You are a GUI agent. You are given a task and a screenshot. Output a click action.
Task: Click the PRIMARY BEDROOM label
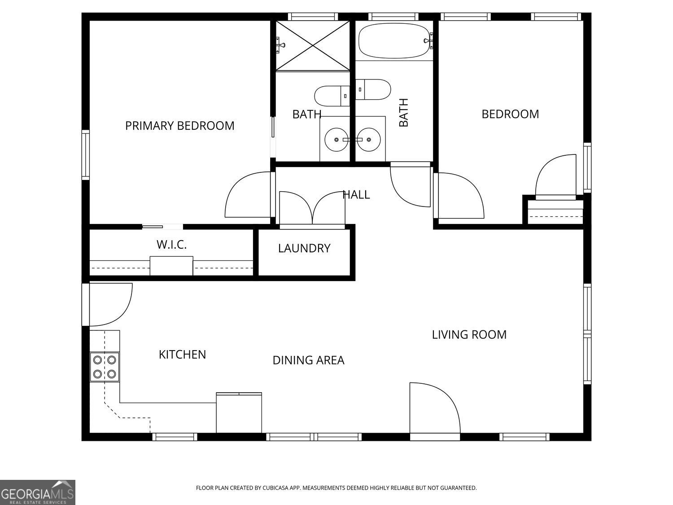[179, 126]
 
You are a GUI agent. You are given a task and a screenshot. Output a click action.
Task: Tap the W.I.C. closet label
[171, 245]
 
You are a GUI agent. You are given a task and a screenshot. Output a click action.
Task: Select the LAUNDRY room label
[304, 248]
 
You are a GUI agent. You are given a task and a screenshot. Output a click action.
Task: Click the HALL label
[356, 195]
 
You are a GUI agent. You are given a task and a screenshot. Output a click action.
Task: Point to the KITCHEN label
[182, 355]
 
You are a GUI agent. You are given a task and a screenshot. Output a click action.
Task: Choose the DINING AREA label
[309, 360]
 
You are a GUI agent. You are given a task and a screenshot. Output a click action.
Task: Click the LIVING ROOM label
[469, 335]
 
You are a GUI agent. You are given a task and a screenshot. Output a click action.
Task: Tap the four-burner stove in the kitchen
[105, 367]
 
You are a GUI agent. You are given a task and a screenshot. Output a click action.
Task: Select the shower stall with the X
[313, 45]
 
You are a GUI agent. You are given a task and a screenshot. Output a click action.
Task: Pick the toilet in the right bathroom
[373, 89]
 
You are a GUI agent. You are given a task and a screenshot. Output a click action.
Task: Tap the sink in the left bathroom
[336, 139]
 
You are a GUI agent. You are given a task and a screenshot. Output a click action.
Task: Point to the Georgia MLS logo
[37, 492]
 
